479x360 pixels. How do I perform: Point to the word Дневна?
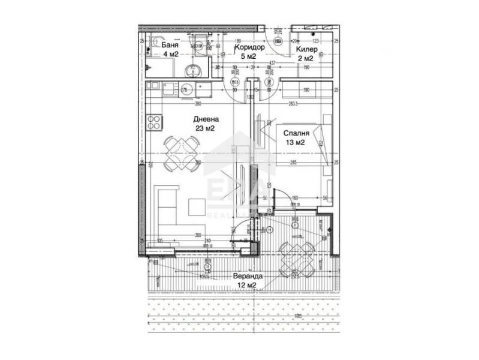coord(204,119)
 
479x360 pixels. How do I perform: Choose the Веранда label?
coord(248,277)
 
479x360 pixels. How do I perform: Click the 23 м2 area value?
coord(204,128)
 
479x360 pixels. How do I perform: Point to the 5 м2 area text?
coord(248,56)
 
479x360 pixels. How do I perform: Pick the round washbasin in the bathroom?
coord(192,71)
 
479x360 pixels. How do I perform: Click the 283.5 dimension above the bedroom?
coord(294,103)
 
